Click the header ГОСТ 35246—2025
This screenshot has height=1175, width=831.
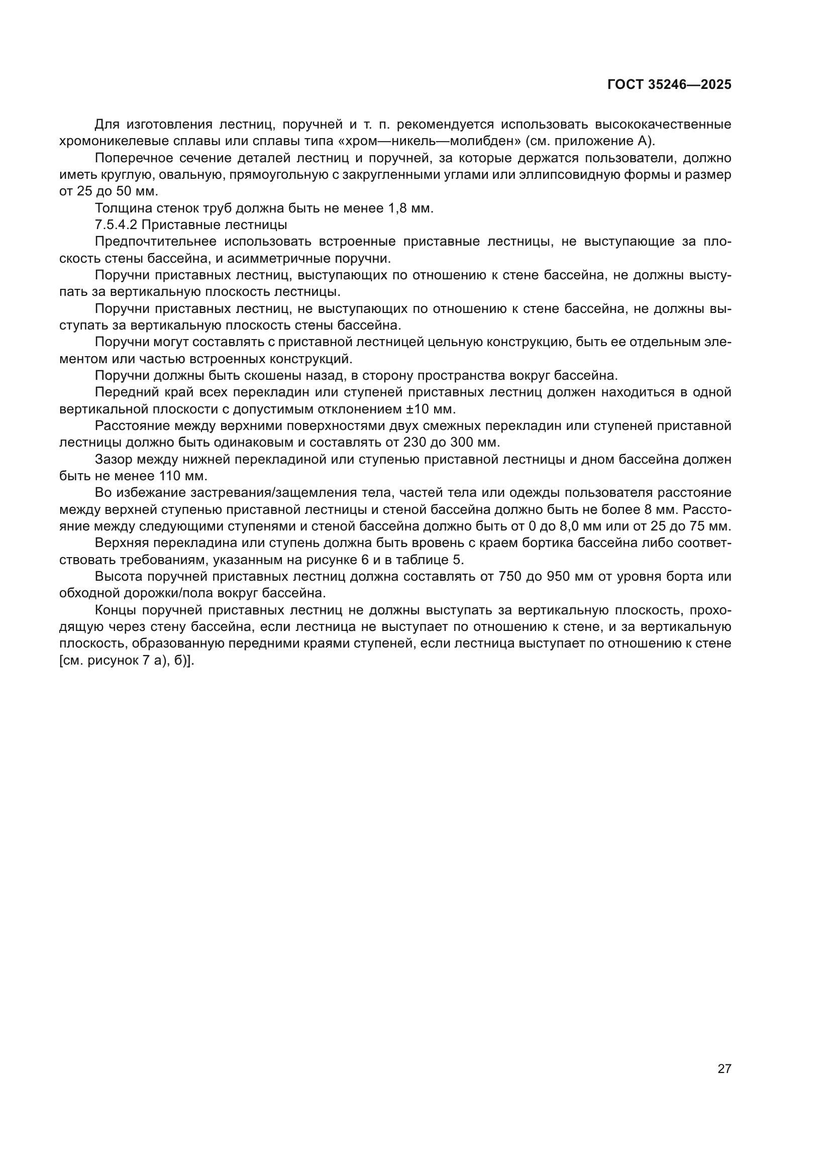pyautogui.click(x=669, y=84)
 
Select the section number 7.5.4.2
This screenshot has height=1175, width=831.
pyautogui.click(x=116, y=225)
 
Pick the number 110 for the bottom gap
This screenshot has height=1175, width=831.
pyautogui.click(x=170, y=476)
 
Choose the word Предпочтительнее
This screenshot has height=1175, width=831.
pyautogui.click(x=156, y=242)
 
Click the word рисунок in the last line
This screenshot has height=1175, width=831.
pyautogui.click(x=109, y=661)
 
